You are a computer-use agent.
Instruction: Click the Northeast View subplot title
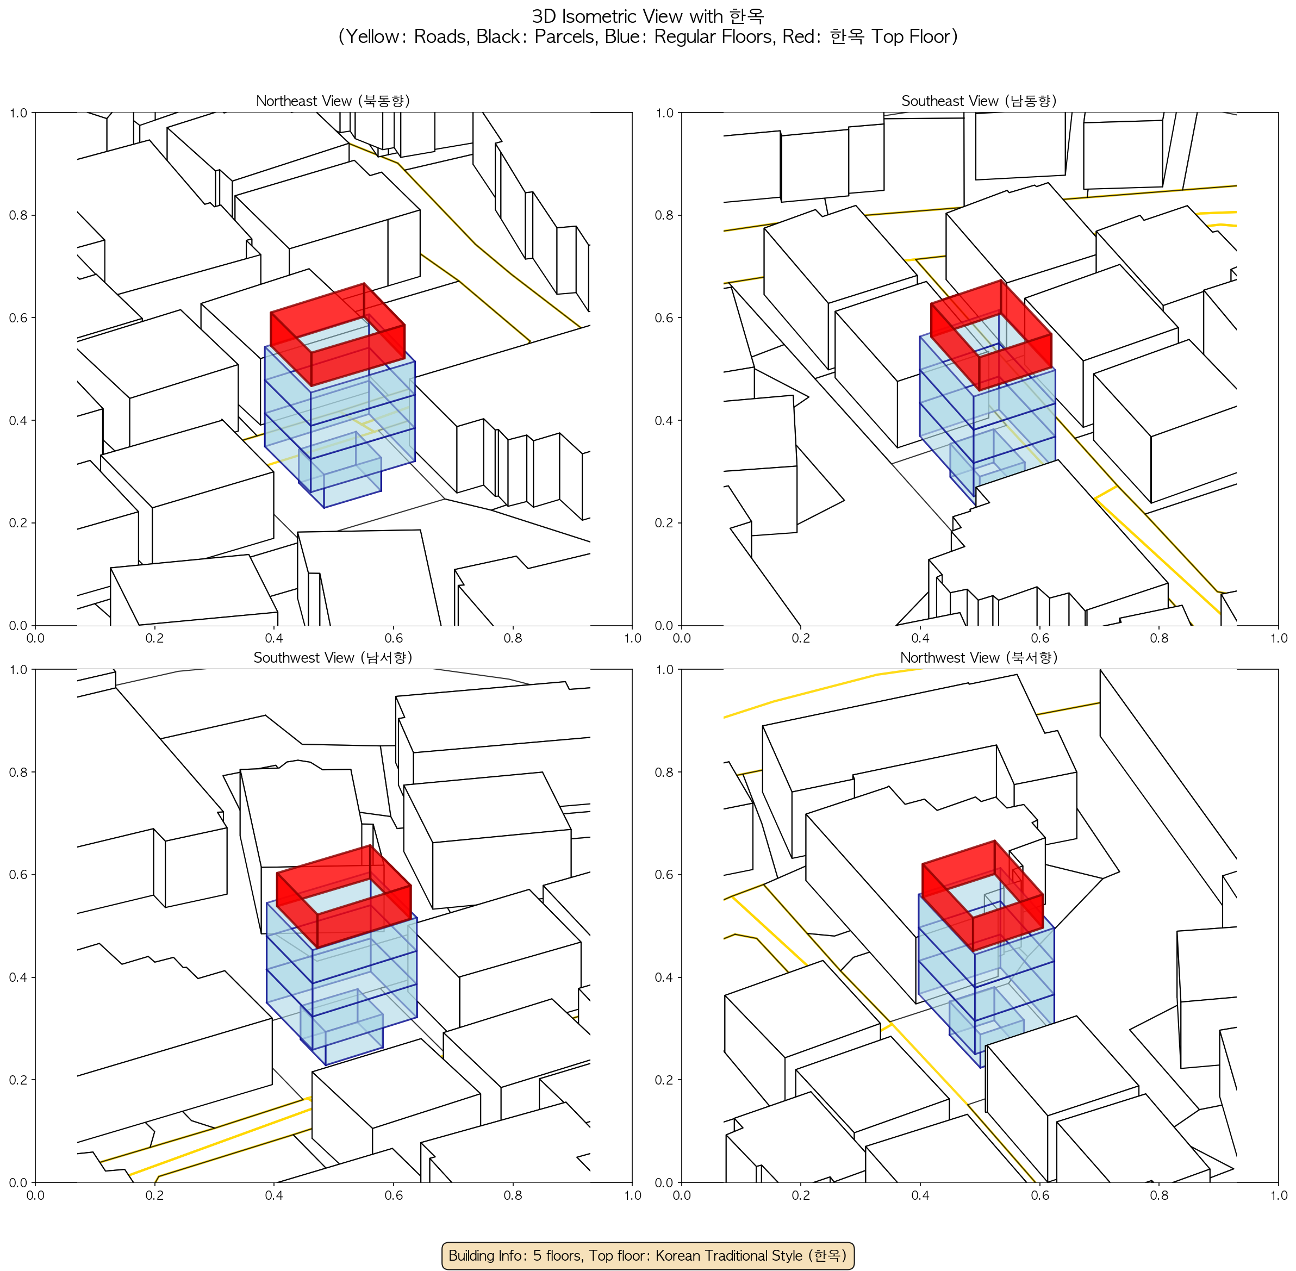333,101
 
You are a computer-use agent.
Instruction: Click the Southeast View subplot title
980,101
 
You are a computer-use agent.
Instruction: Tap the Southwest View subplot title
333,658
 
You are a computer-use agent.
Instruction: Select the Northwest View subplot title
980,658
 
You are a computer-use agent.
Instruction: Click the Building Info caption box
647,1255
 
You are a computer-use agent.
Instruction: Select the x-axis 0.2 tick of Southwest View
154,1194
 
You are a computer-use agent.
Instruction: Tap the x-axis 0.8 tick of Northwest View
1159,1194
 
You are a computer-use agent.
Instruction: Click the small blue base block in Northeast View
340,471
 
